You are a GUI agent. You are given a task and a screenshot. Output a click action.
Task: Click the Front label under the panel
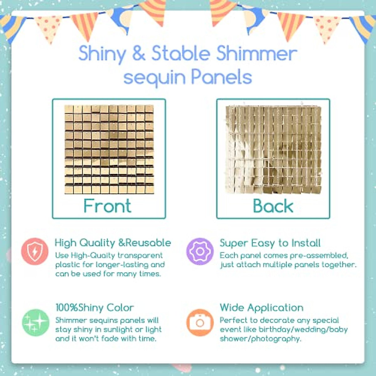point(107,206)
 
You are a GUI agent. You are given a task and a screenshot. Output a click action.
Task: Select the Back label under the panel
point(273,206)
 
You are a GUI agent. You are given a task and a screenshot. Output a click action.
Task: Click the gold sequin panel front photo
point(109,149)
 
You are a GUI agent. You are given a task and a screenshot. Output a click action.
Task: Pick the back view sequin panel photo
point(273,149)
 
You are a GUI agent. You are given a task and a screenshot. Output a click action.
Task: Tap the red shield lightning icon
point(35,251)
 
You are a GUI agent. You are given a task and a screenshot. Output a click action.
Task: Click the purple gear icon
point(200,251)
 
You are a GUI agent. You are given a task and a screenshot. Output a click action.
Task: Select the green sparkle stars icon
point(35,322)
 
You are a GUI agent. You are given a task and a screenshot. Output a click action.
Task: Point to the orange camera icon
point(200,322)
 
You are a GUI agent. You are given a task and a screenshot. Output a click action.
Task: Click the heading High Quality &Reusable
point(113,243)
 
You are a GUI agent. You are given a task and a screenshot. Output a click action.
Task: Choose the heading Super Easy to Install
point(270,243)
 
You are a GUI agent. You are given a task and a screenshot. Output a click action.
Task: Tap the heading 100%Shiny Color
point(95,307)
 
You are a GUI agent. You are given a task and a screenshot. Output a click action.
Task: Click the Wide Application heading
point(262,307)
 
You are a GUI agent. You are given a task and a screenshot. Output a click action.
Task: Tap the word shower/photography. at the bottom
point(260,339)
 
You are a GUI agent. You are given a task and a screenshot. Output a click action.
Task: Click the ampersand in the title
point(138,54)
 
